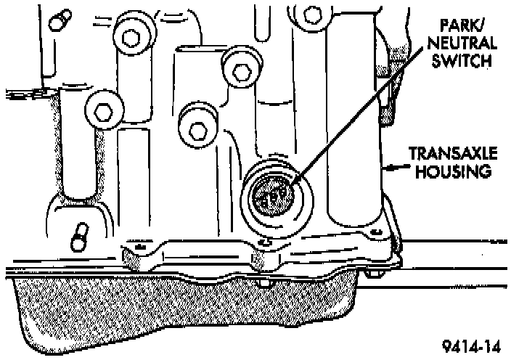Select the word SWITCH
coord(462,63)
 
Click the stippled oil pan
coord(181,305)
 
